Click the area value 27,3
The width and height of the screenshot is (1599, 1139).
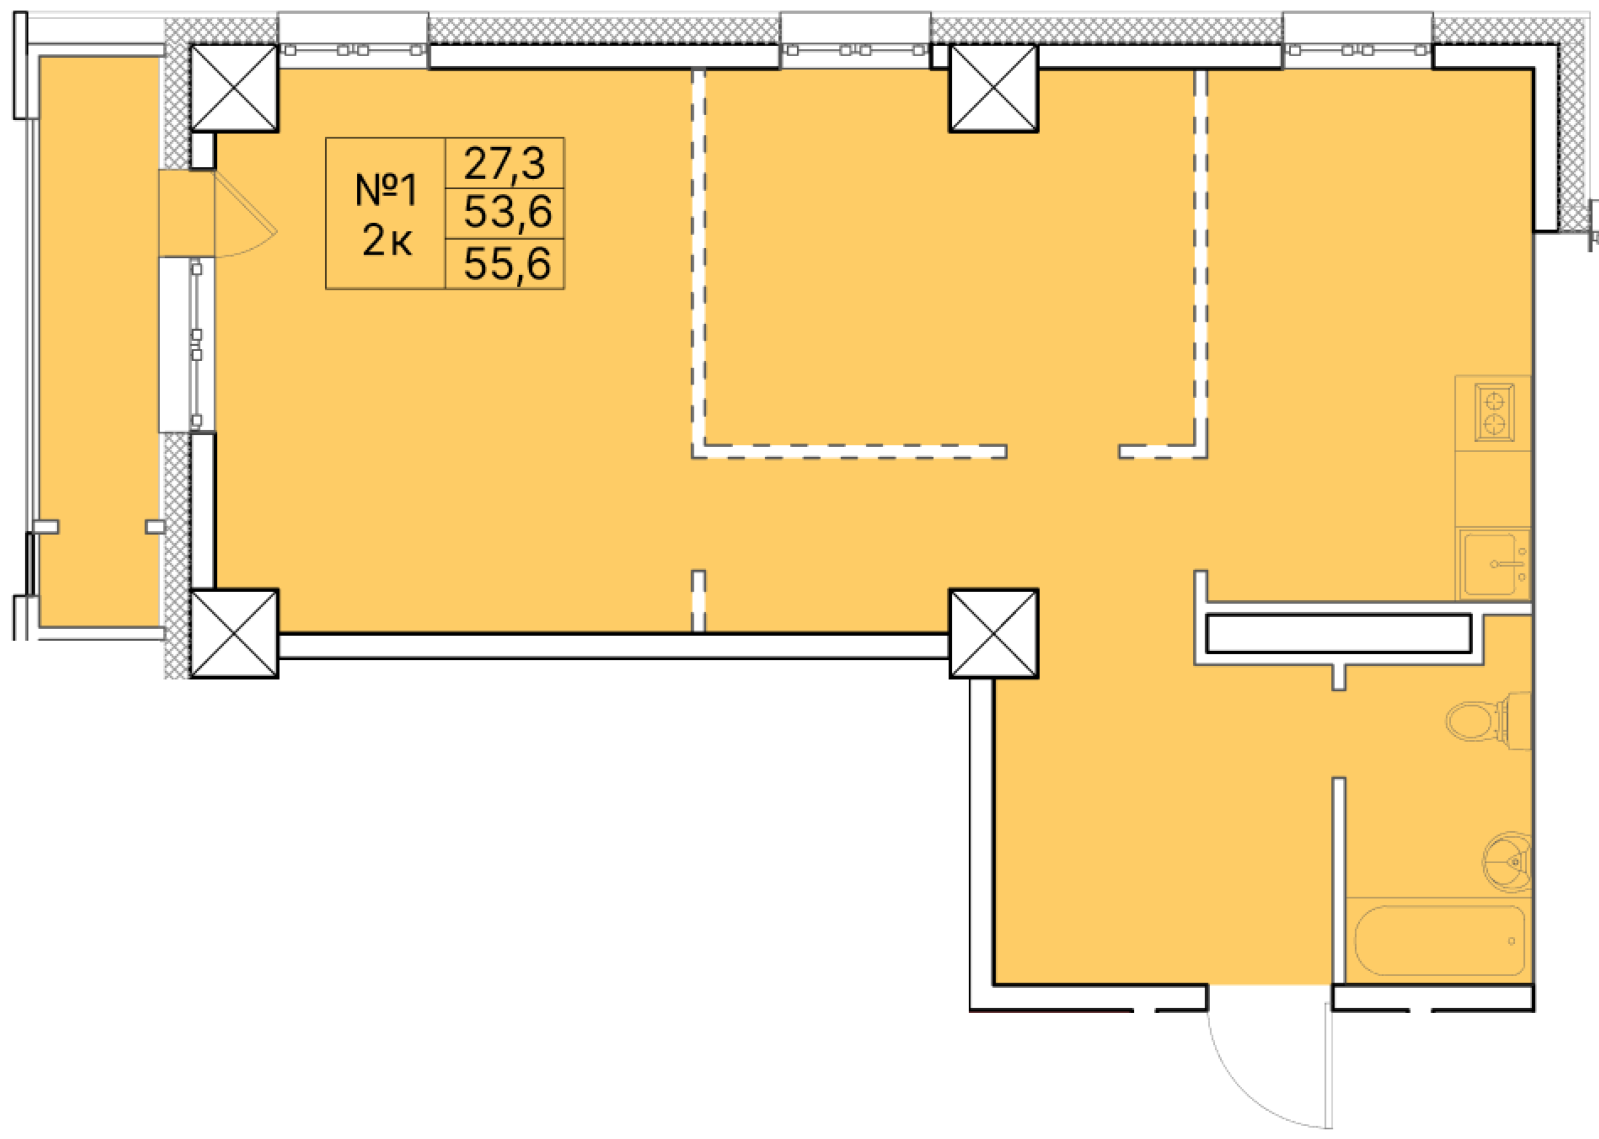click(x=504, y=163)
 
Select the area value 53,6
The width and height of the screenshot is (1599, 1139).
click(x=507, y=212)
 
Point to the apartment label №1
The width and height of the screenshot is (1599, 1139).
click(x=386, y=190)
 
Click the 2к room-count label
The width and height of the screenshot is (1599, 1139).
click(x=387, y=240)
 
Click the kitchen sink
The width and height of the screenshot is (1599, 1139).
click(x=1494, y=563)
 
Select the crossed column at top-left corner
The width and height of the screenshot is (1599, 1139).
click(x=234, y=88)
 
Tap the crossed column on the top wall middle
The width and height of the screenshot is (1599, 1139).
click(x=993, y=88)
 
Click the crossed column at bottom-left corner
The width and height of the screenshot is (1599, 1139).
click(x=234, y=634)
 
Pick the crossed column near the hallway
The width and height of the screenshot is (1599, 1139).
click(x=993, y=634)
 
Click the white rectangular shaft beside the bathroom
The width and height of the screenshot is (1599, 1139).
click(x=1338, y=634)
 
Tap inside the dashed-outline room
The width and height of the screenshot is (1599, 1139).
click(x=947, y=259)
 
